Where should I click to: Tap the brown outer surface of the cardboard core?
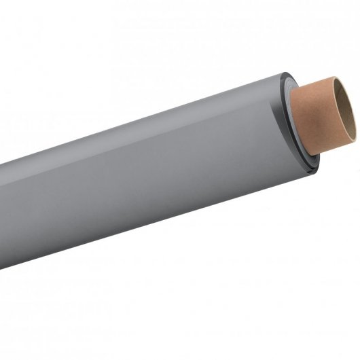pos(309,122)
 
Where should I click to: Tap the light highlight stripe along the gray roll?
pos(136,146)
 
